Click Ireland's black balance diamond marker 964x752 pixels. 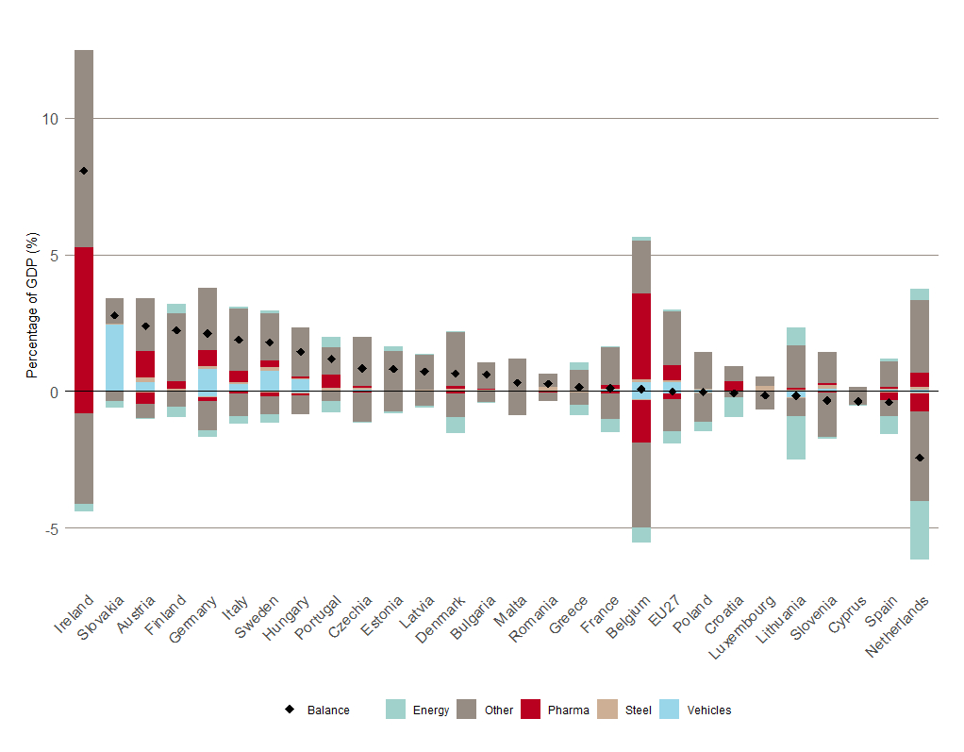click(x=84, y=171)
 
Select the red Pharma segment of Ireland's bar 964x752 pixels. click(x=84, y=329)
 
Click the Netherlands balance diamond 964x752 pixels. click(x=920, y=458)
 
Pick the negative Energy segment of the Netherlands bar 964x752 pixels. click(x=920, y=530)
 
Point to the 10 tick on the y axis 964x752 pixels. click(x=49, y=119)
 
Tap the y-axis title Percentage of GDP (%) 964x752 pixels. click(x=31, y=307)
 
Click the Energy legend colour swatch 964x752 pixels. click(x=395, y=710)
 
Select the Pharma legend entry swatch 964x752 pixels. click(x=530, y=710)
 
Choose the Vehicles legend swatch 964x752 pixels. click(x=669, y=710)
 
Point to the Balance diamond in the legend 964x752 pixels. click(x=290, y=710)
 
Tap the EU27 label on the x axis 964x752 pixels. click(x=663, y=613)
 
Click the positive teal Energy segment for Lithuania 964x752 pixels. click(x=796, y=336)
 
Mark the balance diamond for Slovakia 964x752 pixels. click(x=114, y=315)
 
